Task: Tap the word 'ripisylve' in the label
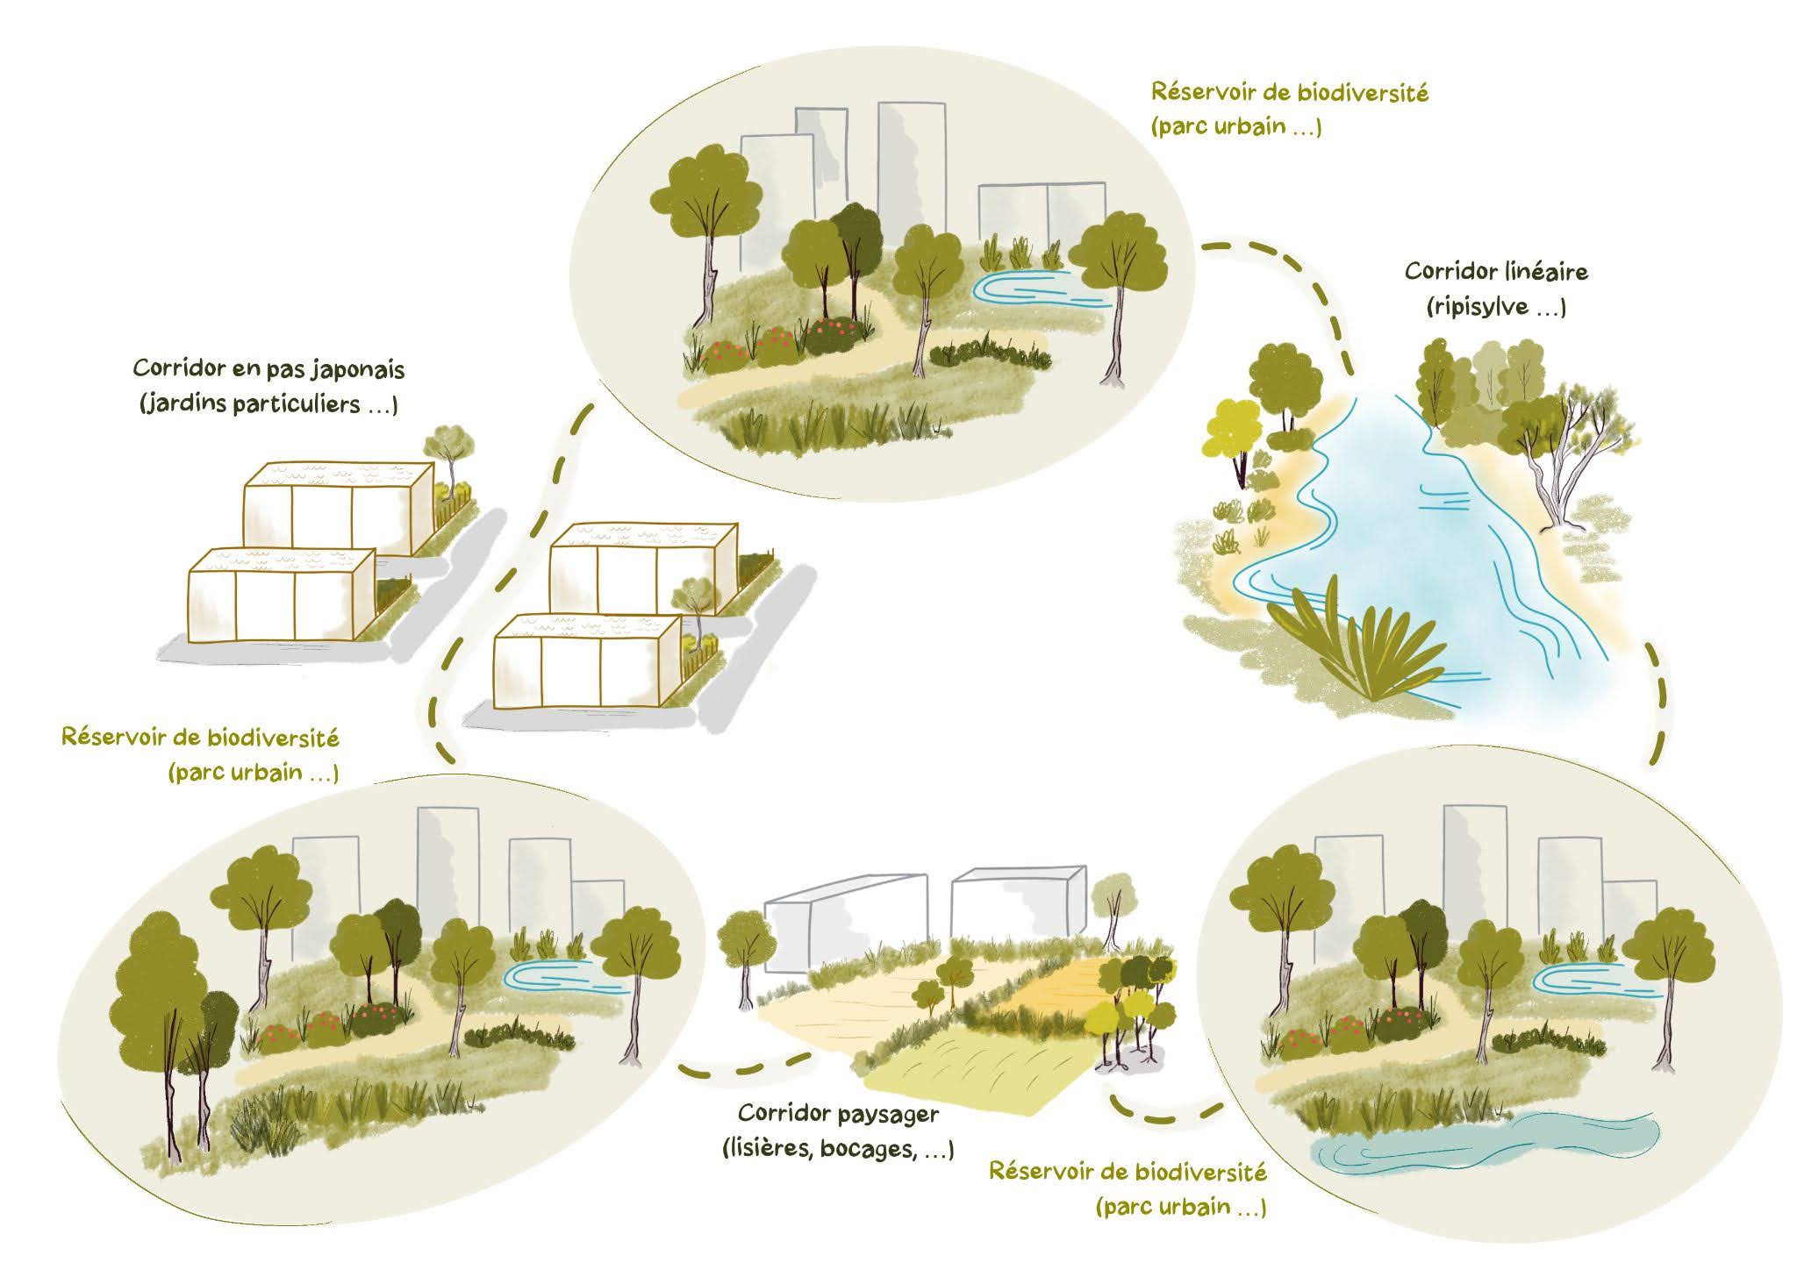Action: (x=1478, y=307)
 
